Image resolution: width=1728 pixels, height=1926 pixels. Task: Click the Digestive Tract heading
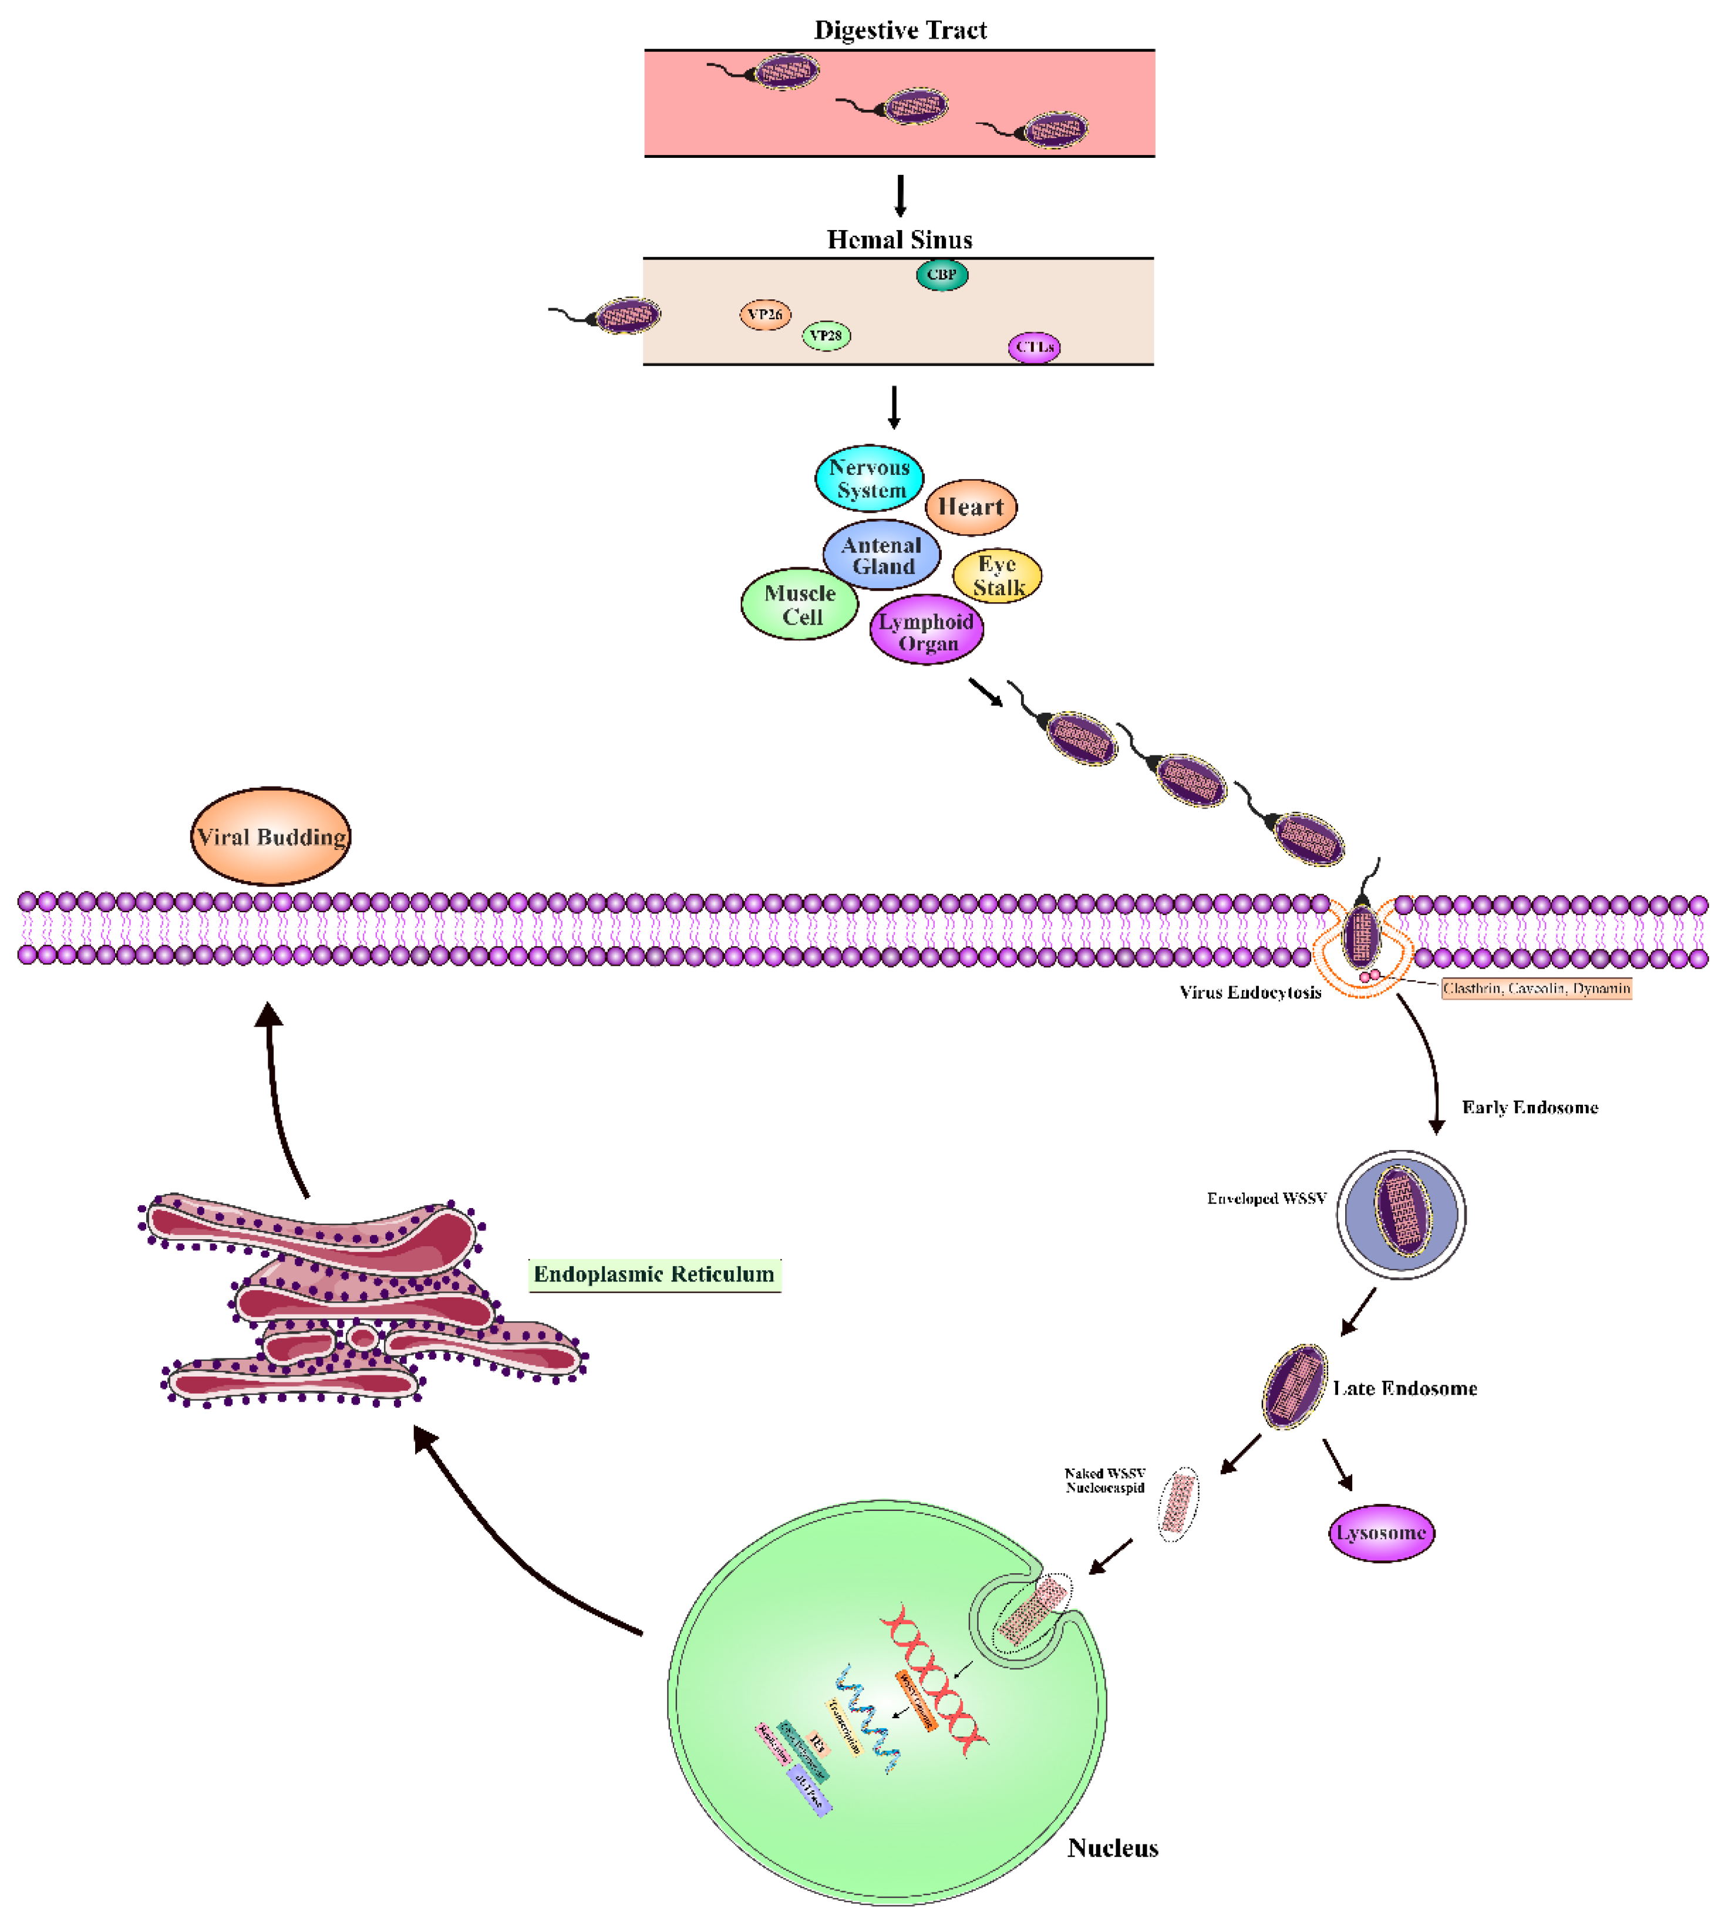(x=900, y=31)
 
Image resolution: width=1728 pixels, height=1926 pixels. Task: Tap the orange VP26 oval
(x=765, y=314)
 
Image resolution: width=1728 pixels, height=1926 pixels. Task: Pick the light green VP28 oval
(x=826, y=335)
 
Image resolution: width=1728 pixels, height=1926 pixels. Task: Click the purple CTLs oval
(x=1034, y=348)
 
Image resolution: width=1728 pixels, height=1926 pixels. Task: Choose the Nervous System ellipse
(x=870, y=478)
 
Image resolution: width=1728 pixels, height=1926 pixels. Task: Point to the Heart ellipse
(x=971, y=507)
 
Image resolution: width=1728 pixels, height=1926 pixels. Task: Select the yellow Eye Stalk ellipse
(x=997, y=575)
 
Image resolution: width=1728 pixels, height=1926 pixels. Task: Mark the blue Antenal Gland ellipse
(x=881, y=555)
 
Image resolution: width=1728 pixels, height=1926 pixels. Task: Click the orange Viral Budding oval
(x=271, y=837)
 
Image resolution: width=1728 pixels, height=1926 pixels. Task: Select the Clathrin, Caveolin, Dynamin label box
(x=1535, y=988)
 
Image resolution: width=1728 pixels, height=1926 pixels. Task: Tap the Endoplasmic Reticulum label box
(x=654, y=1274)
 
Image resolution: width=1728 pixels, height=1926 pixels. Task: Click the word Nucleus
(x=1113, y=1847)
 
